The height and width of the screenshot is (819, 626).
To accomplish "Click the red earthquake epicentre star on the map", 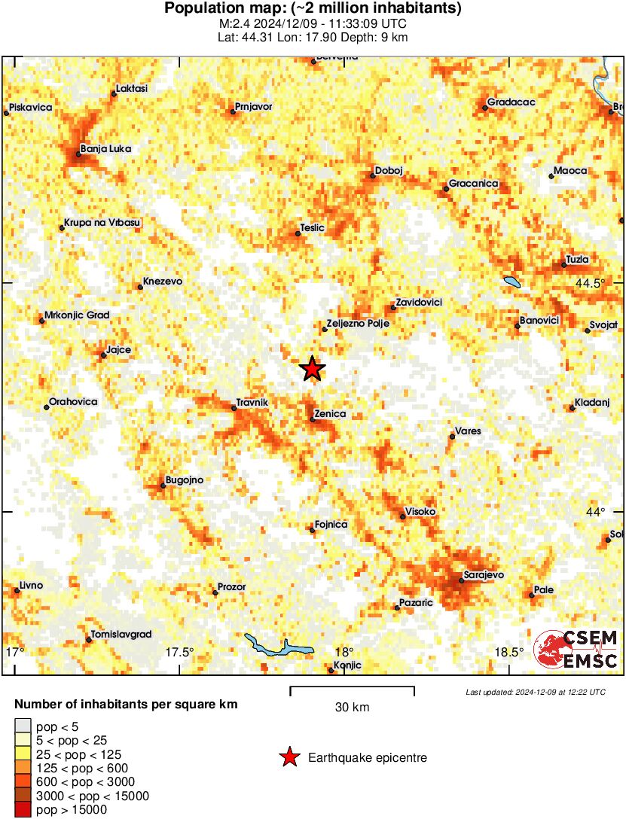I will tap(312, 369).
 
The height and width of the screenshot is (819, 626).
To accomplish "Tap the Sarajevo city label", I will tap(483, 575).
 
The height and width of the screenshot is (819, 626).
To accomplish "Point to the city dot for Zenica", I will tap(313, 419).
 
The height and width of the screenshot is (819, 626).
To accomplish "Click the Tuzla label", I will tap(577, 260).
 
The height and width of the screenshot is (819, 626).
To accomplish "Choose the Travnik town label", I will tap(252, 403).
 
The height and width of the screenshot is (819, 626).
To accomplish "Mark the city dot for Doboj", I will tap(372, 176).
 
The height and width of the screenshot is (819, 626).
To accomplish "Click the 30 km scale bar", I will tap(352, 688).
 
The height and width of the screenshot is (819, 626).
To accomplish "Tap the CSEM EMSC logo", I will tap(576, 650).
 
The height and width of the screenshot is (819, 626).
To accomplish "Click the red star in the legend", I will tap(289, 758).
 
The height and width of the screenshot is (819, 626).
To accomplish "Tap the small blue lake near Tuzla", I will tap(513, 282).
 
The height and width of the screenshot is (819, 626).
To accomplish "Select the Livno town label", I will tap(31, 586).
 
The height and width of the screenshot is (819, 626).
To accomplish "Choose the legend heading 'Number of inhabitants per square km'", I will tap(127, 705).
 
